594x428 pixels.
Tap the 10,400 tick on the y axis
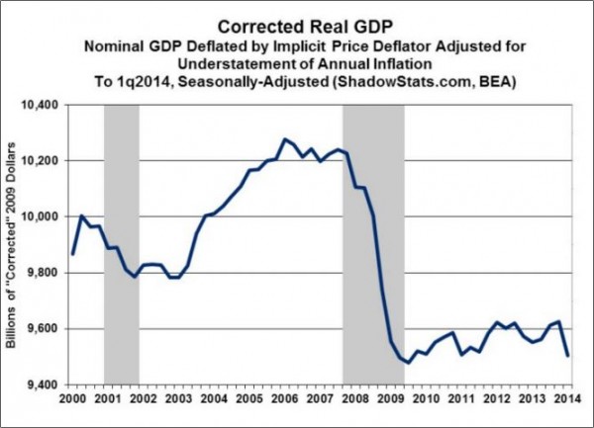coord(42,104)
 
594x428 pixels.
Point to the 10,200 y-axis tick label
coord(42,160)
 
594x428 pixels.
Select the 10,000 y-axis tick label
coord(42,216)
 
